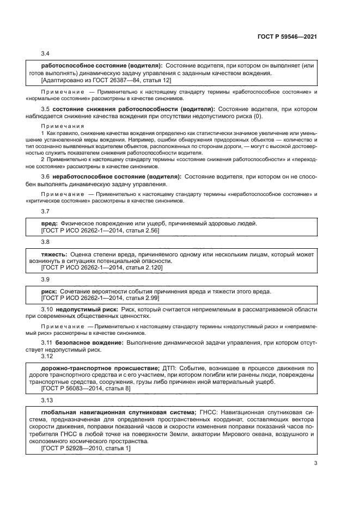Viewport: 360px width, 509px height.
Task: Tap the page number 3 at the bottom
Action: tap(316, 464)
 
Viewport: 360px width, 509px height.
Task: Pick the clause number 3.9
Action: tap(45, 279)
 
